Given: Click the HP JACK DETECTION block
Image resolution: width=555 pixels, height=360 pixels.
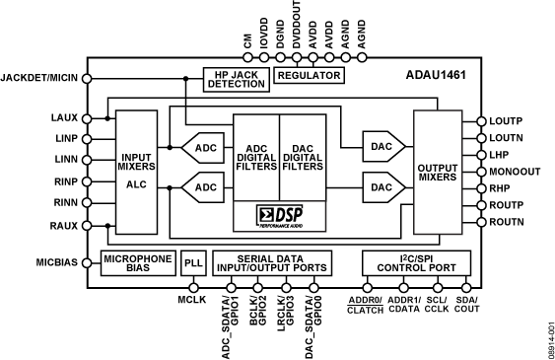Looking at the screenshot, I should coord(236,80).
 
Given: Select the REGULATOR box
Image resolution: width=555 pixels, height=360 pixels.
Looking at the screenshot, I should coord(309,75).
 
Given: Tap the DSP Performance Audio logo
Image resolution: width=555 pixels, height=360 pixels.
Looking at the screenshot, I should coord(279,213).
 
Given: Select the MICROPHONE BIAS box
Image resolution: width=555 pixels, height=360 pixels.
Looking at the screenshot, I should coord(138,262).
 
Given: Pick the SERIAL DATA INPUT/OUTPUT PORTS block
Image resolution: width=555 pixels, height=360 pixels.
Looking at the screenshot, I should coord(272,262).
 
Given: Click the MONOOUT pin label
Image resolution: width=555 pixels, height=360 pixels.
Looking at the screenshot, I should coord(515,172).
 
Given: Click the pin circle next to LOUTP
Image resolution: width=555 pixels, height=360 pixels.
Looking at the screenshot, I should coord(480,120).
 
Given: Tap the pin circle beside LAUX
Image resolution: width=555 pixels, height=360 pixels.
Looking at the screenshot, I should coord(87,118).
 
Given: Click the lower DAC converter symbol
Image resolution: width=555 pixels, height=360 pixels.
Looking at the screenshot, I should coord(382,185).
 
